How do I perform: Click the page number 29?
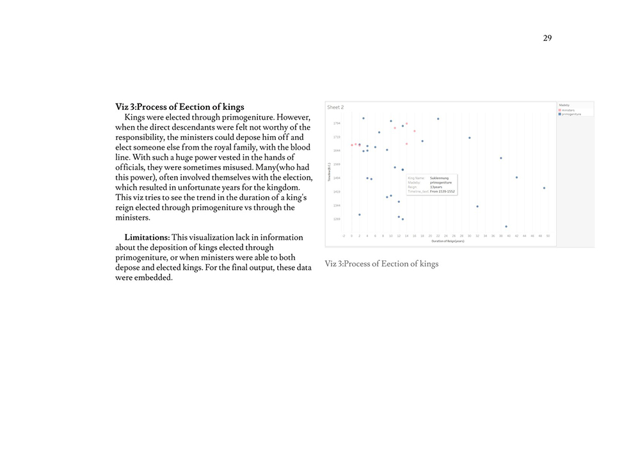click(x=547, y=38)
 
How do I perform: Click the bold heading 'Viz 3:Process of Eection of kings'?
click(x=179, y=107)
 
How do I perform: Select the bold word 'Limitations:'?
click(x=147, y=237)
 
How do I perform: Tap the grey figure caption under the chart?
click(x=381, y=263)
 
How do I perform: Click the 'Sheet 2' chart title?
click(x=335, y=107)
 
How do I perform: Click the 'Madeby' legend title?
click(x=564, y=105)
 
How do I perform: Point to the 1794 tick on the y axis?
click(x=337, y=123)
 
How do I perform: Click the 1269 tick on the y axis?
click(x=337, y=219)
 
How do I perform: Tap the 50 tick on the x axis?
click(x=548, y=236)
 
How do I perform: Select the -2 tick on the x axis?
click(x=344, y=236)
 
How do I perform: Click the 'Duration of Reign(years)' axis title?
click(x=447, y=241)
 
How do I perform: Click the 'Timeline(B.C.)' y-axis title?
click(x=329, y=171)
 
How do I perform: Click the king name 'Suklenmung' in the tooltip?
click(x=440, y=178)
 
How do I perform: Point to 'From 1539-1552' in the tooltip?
click(x=443, y=191)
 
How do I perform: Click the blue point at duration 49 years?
click(x=544, y=188)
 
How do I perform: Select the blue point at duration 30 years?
click(x=469, y=137)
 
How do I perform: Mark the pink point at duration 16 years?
click(x=415, y=131)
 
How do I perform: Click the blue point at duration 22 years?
click(x=438, y=118)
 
